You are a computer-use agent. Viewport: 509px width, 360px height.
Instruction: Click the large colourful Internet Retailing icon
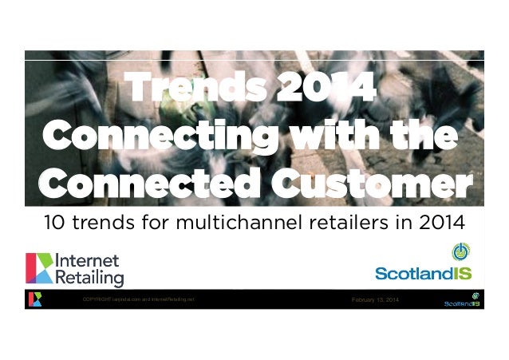[40, 269]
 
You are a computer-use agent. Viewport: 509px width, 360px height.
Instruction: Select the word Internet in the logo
[87, 261]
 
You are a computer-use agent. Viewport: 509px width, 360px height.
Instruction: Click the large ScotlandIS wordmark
[423, 273]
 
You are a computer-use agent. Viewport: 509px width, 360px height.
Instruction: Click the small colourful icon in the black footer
[34, 299]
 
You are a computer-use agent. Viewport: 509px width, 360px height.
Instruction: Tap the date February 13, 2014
[377, 299]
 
